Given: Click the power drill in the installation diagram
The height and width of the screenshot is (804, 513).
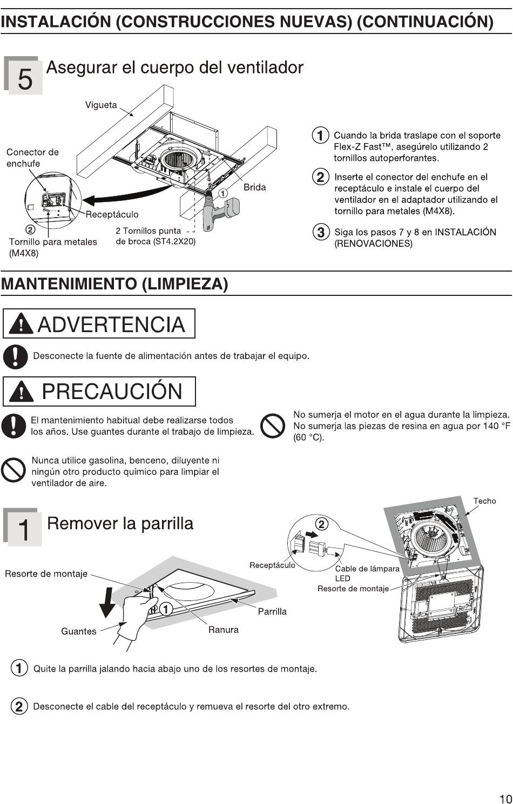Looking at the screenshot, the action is pyautogui.click(x=220, y=212).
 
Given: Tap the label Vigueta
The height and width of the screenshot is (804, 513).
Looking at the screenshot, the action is pyautogui.click(x=101, y=105).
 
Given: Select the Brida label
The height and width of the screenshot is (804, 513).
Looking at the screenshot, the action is pyautogui.click(x=254, y=187).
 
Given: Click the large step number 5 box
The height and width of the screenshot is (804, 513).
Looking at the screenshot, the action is pyautogui.click(x=23, y=76).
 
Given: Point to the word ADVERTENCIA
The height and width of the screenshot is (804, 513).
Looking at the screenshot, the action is pyautogui.click(x=111, y=325).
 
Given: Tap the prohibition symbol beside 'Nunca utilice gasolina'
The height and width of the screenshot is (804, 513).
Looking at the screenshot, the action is pyautogui.click(x=13, y=470).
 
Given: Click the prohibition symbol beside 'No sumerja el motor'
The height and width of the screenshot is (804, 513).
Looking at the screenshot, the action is pyautogui.click(x=273, y=426).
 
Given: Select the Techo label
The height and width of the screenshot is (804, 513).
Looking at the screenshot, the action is pyautogui.click(x=484, y=501).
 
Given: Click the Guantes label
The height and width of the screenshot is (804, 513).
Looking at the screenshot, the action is pyautogui.click(x=79, y=631).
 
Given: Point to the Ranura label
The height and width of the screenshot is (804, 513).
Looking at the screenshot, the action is pyautogui.click(x=224, y=630).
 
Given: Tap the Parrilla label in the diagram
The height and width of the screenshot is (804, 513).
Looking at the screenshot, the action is pyautogui.click(x=272, y=611).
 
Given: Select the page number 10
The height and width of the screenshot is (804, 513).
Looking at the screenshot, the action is pyautogui.click(x=505, y=799).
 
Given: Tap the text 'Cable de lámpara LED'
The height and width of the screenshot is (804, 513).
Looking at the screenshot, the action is pyautogui.click(x=367, y=573).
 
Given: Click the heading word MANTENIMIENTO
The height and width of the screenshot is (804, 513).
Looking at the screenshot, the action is pyautogui.click(x=69, y=284).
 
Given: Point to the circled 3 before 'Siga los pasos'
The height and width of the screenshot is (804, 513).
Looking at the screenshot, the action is pyautogui.click(x=321, y=232).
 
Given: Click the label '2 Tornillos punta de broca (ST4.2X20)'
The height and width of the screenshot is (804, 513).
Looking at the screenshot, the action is pyautogui.click(x=156, y=236).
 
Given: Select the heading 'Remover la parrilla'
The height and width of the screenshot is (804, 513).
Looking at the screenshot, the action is pyautogui.click(x=120, y=524).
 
